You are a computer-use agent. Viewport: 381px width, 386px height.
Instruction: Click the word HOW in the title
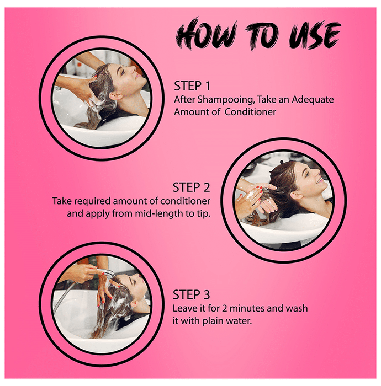coord(207,33)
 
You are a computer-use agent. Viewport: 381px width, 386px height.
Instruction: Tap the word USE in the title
coord(315,35)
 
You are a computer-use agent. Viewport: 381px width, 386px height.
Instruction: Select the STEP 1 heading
coord(192,86)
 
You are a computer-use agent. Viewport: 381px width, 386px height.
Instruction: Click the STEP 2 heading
coord(192,187)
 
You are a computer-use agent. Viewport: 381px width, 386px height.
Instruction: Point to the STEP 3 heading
coord(192,294)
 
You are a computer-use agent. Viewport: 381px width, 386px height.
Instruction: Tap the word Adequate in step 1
coord(313,99)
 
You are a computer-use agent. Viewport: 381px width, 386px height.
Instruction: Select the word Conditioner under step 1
coord(250,112)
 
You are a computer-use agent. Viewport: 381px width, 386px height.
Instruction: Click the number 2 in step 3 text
coord(224,308)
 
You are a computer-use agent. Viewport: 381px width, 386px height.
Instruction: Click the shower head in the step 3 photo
coord(105,272)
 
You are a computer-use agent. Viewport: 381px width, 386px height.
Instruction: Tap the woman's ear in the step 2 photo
coord(297,195)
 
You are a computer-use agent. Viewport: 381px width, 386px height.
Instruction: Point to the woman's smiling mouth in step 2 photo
coord(320,181)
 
